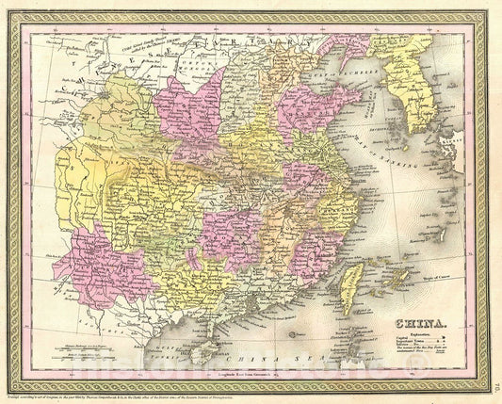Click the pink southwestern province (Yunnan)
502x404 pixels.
tap(94, 268)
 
